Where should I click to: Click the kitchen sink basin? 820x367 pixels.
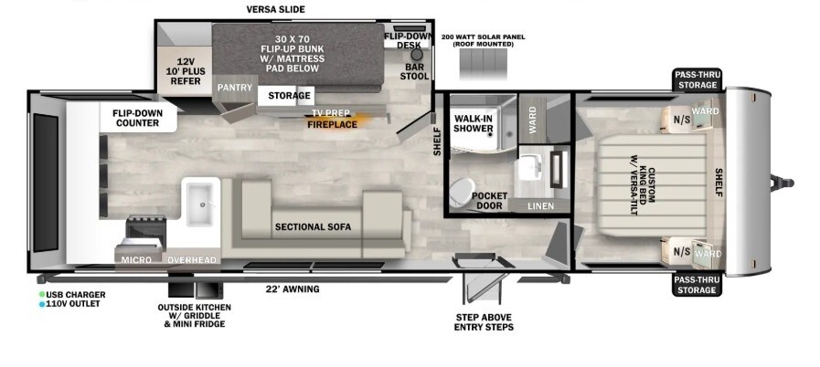tap(200, 205)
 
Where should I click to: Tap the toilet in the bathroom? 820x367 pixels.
tap(462, 191)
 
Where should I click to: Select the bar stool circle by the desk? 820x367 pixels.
tap(416, 54)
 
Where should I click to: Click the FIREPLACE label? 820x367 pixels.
tap(333, 124)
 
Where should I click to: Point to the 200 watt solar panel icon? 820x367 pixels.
tap(484, 65)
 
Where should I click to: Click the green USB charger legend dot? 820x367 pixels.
tap(41, 295)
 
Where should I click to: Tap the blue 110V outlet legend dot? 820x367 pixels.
tap(41, 304)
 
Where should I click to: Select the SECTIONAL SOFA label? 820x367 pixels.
tap(314, 227)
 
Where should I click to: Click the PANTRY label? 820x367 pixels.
tap(235, 88)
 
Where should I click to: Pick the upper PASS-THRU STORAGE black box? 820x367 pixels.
tap(698, 80)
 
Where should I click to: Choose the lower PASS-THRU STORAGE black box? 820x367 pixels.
tap(698, 285)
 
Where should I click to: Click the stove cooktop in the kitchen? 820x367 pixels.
tap(146, 230)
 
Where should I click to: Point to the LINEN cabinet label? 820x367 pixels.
tap(541, 206)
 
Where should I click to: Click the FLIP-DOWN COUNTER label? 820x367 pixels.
tap(137, 118)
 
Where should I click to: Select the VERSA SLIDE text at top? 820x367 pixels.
tap(275, 9)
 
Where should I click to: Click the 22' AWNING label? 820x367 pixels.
tap(293, 289)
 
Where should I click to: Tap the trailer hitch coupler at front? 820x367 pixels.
tap(783, 183)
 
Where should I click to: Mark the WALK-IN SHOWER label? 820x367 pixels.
tap(474, 123)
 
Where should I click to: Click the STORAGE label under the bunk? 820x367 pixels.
tap(289, 96)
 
